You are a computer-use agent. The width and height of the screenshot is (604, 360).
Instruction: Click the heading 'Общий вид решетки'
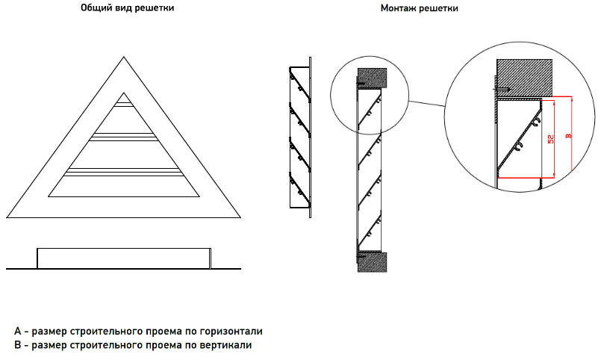[x=127, y=7]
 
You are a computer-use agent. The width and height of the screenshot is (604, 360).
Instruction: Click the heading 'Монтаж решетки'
[x=419, y=7]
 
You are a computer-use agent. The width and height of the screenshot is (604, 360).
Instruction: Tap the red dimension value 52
[x=551, y=139]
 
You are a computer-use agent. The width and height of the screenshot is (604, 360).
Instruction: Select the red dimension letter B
[x=568, y=135]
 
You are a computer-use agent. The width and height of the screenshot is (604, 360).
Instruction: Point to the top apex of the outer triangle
[x=124, y=57]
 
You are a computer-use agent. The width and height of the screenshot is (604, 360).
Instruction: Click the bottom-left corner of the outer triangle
[x=7, y=218]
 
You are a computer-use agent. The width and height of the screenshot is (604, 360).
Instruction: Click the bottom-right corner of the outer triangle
[x=240, y=218]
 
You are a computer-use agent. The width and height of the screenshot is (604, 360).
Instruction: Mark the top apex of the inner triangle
[x=124, y=93]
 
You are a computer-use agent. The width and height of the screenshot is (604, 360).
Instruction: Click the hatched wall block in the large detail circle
[x=524, y=77]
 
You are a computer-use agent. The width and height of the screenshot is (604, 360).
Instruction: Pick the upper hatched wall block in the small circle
[x=372, y=78]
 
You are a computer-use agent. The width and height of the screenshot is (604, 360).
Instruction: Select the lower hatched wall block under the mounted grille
[x=372, y=262]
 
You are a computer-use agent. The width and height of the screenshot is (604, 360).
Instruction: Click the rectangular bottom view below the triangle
[x=124, y=258]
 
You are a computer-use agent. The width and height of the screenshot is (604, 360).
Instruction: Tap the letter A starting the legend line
[x=18, y=331]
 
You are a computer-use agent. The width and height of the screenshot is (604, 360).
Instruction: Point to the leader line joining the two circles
[x=427, y=104]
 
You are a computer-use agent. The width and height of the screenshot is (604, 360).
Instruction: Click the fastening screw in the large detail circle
[x=502, y=90]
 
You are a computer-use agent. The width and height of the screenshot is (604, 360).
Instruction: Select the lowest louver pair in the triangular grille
[x=124, y=172]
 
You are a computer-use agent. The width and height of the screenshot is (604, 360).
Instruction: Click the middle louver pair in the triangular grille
[x=124, y=137]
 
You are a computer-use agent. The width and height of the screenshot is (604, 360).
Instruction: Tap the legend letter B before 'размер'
[x=17, y=345]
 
